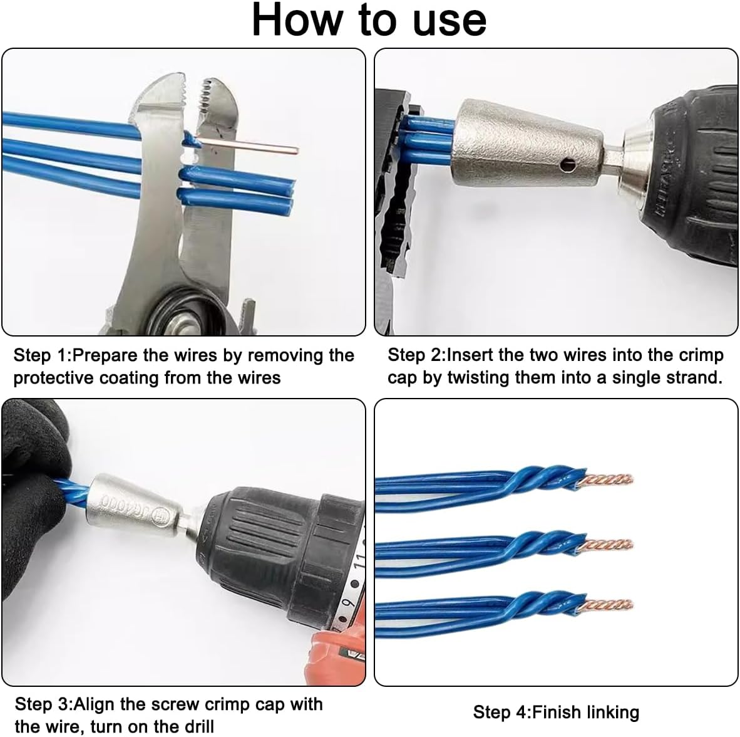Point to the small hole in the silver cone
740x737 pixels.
567,164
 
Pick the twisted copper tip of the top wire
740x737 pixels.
607,480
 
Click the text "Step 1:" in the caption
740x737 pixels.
42,355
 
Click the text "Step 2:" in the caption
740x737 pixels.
416,355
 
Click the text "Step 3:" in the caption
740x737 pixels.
44,704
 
